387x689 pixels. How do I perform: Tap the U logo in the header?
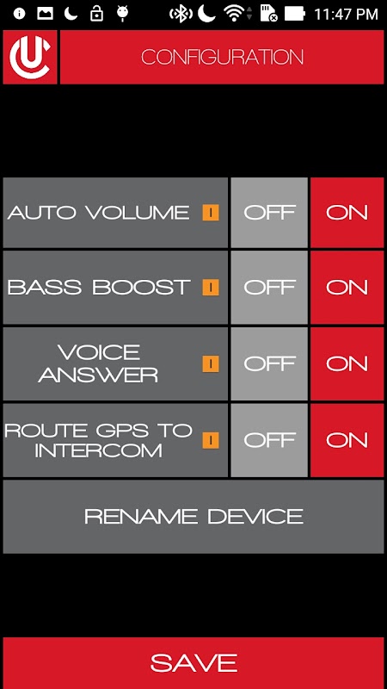pyautogui.click(x=30, y=57)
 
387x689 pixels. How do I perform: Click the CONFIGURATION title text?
pyautogui.click(x=222, y=57)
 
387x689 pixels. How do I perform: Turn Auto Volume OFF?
pyautogui.click(x=269, y=213)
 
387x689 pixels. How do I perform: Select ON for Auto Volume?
pyautogui.click(x=347, y=213)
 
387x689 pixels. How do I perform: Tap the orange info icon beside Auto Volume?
pyautogui.click(x=211, y=213)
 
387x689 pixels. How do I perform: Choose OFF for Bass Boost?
pyautogui.click(x=269, y=288)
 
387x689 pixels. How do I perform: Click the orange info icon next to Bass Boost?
pyautogui.click(x=211, y=288)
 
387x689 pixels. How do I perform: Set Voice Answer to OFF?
pyautogui.click(x=269, y=363)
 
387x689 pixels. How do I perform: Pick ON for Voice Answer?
pyautogui.click(x=347, y=363)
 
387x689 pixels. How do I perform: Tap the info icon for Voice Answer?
pyautogui.click(x=211, y=363)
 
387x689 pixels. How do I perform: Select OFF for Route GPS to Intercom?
pyautogui.click(x=269, y=440)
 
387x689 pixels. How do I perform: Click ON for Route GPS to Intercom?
pyautogui.click(x=347, y=440)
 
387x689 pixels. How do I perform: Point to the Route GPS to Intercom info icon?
pyautogui.click(x=211, y=440)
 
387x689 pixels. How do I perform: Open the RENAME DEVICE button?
pyautogui.click(x=193, y=516)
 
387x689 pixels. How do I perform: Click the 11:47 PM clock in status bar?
pyautogui.click(x=346, y=14)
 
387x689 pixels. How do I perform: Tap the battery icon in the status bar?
pyautogui.click(x=294, y=14)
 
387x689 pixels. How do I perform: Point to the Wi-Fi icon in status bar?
pyautogui.click(x=234, y=14)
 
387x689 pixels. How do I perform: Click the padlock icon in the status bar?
pyautogui.click(x=96, y=14)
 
